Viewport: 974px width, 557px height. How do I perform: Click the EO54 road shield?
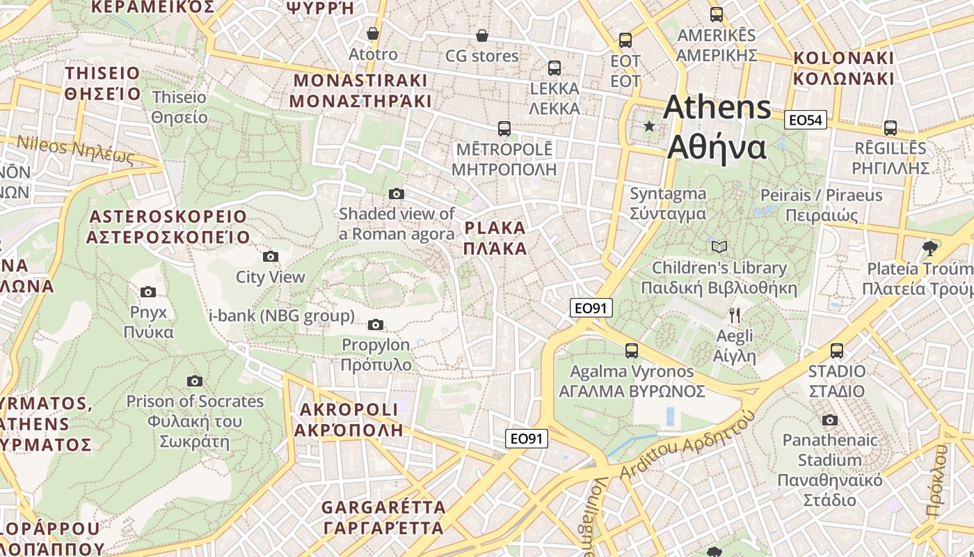806,120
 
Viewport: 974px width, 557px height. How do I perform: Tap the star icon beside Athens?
649,126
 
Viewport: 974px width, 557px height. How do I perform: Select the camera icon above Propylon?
376,324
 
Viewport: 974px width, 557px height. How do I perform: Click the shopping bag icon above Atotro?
373,33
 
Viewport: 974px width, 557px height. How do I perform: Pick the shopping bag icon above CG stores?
481,35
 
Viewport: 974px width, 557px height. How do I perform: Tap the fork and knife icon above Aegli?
735,315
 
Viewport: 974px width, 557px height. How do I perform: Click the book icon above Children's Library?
719,246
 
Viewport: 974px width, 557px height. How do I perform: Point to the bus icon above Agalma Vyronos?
632,351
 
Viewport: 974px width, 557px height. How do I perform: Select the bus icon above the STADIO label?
837,350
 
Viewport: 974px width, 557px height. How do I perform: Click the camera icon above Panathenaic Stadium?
829,420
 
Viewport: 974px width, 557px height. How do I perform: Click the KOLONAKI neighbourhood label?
843,68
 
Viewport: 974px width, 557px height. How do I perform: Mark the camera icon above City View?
271,257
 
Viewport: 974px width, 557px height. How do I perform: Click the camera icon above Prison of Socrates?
195,381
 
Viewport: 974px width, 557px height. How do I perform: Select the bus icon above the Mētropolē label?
504,129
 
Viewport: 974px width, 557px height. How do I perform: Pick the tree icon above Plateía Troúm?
929,248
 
